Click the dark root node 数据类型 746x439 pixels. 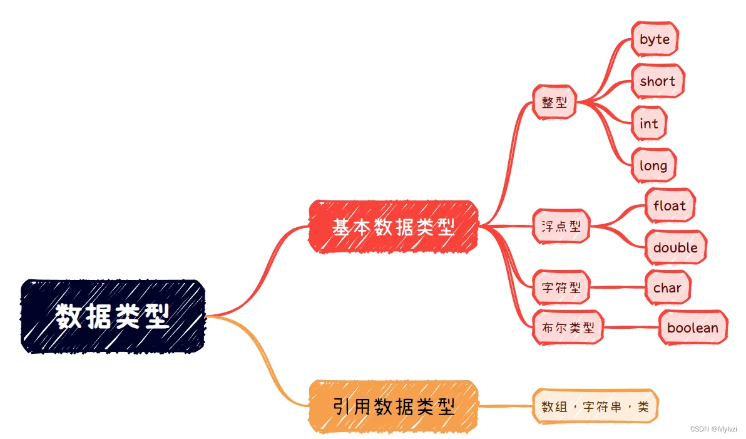(113, 316)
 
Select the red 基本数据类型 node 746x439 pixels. (393, 227)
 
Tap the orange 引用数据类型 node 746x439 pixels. (393, 407)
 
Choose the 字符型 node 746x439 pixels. (561, 288)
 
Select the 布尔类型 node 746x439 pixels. (568, 327)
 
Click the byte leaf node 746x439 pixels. (655, 39)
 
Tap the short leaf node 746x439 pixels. (657, 81)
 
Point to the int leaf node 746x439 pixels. (648, 123)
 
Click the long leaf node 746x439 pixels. (653, 166)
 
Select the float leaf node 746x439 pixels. (670, 205)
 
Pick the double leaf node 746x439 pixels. (675, 247)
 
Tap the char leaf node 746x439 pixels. (668, 288)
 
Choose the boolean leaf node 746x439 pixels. (693, 328)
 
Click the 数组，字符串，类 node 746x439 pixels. (595, 407)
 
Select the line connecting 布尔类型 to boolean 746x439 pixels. (631, 327)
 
